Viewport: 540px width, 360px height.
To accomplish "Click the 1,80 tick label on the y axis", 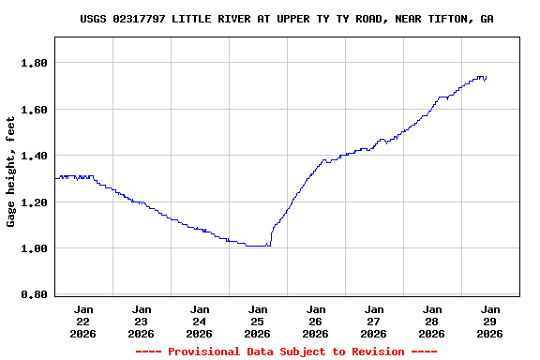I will coord(34,63).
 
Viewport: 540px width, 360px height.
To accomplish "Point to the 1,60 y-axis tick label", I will coord(34,110).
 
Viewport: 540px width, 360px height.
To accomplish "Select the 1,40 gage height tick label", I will coord(34,156).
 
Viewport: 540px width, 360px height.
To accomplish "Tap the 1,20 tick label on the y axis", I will coord(34,202).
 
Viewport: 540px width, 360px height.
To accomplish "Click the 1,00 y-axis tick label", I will coord(34,248).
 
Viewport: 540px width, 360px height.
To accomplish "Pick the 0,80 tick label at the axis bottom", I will coord(34,295).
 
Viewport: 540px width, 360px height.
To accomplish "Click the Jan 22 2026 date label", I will coord(83,321).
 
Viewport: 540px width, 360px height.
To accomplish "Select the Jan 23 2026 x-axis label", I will coord(142,321).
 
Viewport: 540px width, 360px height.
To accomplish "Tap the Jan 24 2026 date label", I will coord(200,321).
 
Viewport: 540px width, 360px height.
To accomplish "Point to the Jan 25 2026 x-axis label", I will coord(258,321).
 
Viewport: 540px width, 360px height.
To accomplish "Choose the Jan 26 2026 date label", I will coord(316,321).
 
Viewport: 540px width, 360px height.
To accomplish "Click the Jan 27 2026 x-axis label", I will coord(374,321).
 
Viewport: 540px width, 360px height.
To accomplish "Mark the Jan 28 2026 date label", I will coord(432,321).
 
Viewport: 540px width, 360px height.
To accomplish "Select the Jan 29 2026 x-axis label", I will coord(490,321).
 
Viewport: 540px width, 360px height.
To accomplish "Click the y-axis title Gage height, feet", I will coord(12,172).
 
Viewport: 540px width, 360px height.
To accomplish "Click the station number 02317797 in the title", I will coord(140,19).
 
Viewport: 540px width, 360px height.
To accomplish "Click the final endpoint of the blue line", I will coord(486,78).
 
